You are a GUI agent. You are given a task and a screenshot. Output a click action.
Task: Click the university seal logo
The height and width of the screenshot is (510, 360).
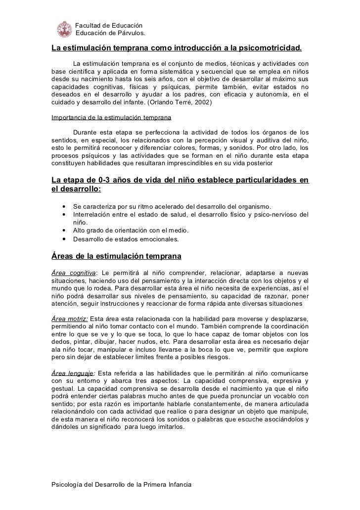(64, 29)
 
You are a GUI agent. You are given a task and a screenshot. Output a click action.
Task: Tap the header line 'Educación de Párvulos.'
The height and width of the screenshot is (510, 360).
(110, 34)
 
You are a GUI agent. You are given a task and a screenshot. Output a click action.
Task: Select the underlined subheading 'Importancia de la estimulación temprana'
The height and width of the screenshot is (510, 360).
(111, 119)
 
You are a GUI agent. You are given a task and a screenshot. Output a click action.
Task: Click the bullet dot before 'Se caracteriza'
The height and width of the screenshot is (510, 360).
(64, 206)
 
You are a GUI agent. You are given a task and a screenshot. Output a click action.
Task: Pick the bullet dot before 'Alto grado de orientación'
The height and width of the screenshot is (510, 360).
(64, 231)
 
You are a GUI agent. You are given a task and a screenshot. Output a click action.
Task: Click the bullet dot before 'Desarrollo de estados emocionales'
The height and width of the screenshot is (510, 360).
(64, 239)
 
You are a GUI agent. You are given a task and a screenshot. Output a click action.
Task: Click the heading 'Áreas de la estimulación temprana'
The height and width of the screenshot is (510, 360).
(117, 257)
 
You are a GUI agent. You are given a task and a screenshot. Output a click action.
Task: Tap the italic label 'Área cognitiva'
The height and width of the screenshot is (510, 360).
(73, 274)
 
